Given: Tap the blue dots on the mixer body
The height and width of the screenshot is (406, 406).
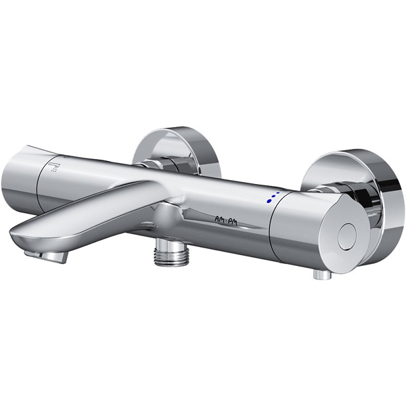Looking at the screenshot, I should pyautogui.click(x=272, y=197).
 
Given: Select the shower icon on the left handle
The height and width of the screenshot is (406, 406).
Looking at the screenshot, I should pyautogui.click(x=57, y=166).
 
